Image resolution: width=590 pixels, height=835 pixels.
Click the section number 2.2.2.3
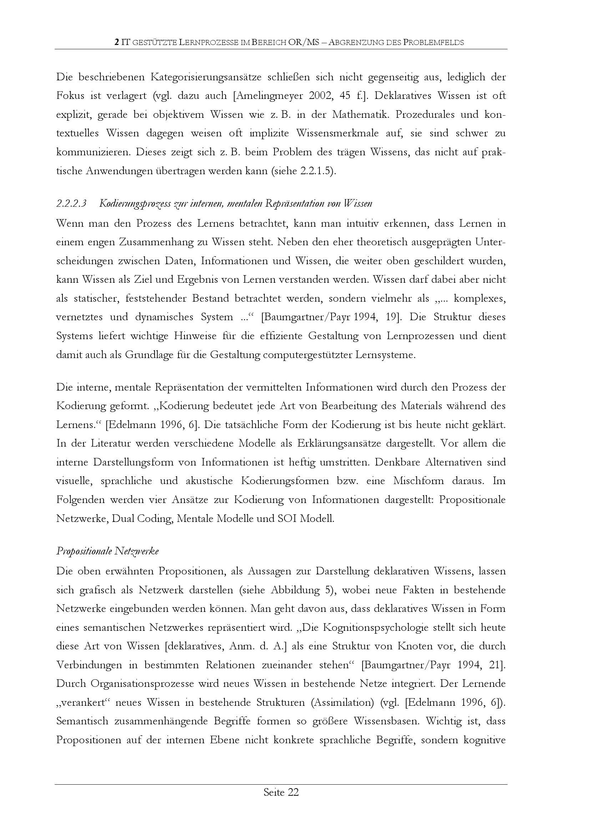coord(71,203)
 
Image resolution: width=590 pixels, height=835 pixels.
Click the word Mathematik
coord(360,115)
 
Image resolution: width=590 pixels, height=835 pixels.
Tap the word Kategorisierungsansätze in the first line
coord(206,77)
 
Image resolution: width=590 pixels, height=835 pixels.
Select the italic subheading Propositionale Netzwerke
coord(107,551)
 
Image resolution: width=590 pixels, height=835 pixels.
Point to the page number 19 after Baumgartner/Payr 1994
coord(391,317)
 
